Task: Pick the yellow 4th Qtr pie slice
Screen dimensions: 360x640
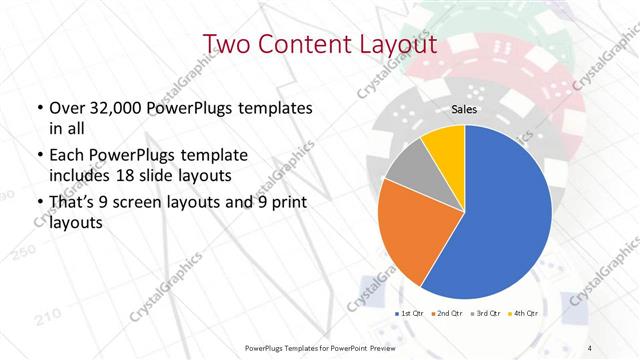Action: click(443, 143)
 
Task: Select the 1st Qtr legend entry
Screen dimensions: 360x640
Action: click(411, 314)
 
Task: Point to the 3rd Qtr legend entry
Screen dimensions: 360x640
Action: click(487, 314)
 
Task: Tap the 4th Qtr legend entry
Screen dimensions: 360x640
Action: click(525, 314)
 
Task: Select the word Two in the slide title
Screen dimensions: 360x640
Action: click(226, 45)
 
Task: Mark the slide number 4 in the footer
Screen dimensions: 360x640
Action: click(590, 347)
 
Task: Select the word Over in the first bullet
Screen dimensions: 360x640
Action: click(65, 107)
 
